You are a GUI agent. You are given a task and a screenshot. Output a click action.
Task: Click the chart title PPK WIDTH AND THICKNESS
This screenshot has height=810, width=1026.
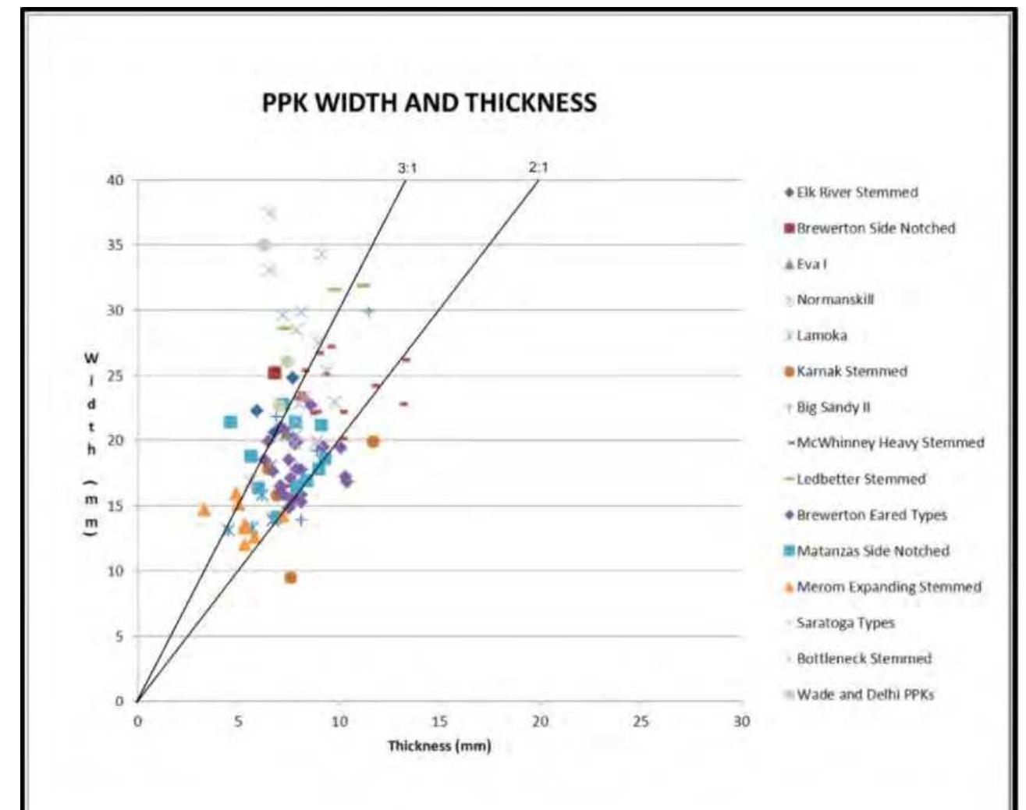tap(429, 103)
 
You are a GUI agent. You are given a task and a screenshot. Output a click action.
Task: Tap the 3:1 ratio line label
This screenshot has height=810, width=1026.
tap(407, 167)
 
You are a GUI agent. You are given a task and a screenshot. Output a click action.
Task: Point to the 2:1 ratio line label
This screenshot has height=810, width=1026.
tap(538, 167)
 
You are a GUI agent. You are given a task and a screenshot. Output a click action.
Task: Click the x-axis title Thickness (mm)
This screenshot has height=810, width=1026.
tap(440, 746)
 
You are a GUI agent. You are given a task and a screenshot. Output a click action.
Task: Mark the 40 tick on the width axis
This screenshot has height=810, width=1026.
tap(115, 180)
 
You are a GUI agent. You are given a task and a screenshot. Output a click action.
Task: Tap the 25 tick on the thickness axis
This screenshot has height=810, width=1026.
tap(641, 722)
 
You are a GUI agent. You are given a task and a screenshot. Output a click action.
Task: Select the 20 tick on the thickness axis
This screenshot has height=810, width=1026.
tap(540, 722)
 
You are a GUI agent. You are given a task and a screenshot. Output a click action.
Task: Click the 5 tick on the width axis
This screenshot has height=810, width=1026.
tap(119, 636)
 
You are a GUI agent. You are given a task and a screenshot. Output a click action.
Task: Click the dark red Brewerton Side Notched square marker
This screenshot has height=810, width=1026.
tap(274, 373)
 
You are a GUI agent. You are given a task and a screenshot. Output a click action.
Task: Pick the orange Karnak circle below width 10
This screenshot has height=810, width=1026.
tap(290, 577)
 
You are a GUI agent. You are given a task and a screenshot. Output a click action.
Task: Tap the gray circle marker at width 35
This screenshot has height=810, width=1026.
tap(264, 245)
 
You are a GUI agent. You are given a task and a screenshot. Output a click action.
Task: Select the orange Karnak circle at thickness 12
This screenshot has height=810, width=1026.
tap(373, 442)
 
